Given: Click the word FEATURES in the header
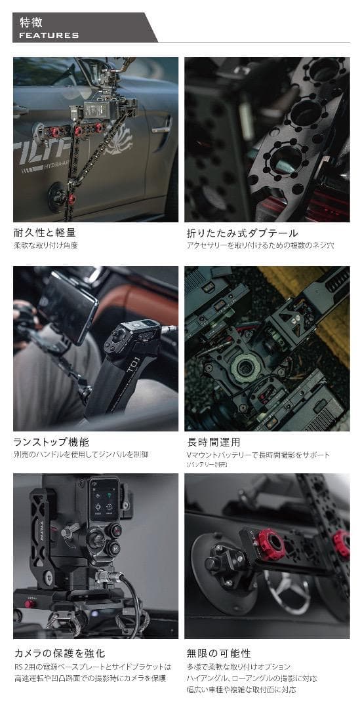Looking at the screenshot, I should click(x=49, y=35).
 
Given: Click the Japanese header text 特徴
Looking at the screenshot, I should click(x=31, y=22).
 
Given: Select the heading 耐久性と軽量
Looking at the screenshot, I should click(x=44, y=233).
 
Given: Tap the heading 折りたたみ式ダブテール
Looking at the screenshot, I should click(x=242, y=233).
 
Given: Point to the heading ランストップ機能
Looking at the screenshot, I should click(x=50, y=442).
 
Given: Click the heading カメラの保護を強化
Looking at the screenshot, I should click(x=59, y=653).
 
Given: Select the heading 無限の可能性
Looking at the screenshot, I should click(x=218, y=653).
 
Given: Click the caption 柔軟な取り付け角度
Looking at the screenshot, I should click(x=45, y=245).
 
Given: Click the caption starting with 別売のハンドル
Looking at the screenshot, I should click(x=81, y=454).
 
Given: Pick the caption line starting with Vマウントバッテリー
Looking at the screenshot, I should click(x=258, y=454).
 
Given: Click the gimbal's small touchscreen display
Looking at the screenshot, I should click(x=104, y=498).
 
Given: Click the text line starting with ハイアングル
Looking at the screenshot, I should click(x=252, y=678).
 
